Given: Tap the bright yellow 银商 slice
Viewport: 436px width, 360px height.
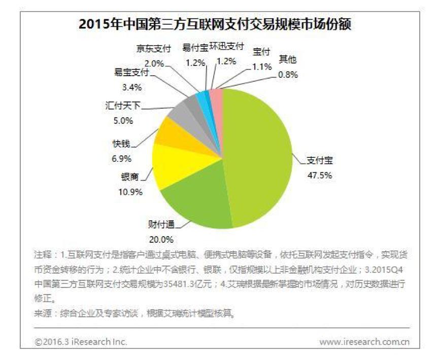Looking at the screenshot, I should point(178,165).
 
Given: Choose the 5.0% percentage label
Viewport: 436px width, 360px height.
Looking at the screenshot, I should point(122,121).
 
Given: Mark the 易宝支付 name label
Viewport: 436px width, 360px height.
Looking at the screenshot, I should point(131,73).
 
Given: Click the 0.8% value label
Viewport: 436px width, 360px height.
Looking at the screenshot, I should point(288,74).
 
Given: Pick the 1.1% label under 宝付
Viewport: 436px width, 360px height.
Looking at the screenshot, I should point(261,66).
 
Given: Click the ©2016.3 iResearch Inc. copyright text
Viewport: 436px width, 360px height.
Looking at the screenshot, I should point(81,342).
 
